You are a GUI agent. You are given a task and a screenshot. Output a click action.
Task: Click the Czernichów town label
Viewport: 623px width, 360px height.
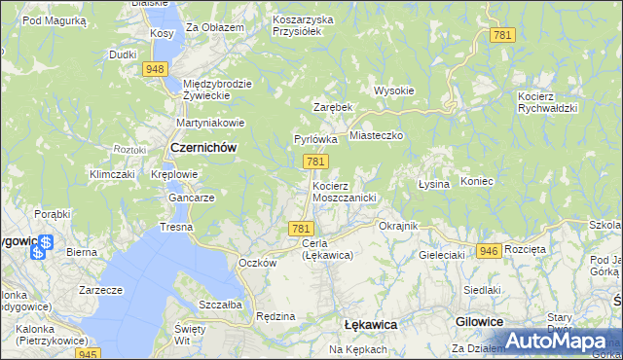[x=203, y=147]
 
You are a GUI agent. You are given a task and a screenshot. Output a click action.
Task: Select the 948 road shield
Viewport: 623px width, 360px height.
[x=155, y=69]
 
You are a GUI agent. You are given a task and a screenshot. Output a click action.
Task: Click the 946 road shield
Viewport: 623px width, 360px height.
[x=489, y=250]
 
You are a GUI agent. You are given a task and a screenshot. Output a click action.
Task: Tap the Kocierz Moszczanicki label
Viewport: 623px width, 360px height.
[x=344, y=191]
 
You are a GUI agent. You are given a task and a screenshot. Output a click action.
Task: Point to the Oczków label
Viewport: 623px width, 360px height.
[x=258, y=263]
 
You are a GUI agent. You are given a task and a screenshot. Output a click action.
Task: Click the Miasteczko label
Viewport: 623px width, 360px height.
[x=376, y=137]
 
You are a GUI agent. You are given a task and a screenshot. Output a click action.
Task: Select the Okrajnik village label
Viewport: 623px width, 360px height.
[x=397, y=226]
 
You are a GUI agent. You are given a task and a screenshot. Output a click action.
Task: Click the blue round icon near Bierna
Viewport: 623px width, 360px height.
[x=38, y=252]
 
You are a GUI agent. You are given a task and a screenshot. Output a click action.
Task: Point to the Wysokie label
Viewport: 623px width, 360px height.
[x=394, y=90]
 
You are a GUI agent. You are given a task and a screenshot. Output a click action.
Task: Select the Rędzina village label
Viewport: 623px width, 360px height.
[x=275, y=316]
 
